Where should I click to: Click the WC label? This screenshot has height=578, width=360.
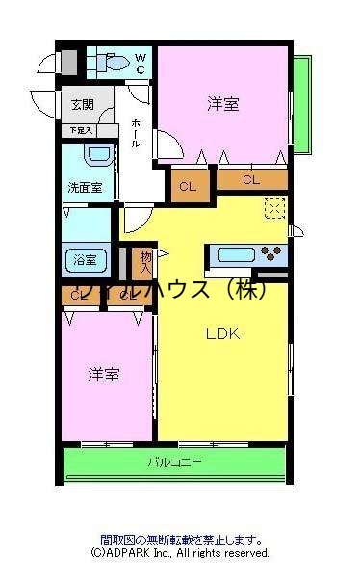click(140, 65)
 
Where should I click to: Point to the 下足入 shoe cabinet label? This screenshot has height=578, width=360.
click(80, 129)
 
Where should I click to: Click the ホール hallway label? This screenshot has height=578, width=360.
click(136, 134)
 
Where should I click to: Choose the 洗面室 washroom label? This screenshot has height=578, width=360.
click(85, 187)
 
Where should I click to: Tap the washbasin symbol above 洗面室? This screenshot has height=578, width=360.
click(95, 156)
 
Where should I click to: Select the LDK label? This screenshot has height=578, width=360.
click(222, 334)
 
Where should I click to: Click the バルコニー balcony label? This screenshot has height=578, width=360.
click(174, 463)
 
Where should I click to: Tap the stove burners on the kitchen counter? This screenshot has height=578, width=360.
click(272, 255)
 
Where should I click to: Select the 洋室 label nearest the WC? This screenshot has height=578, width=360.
click(223, 105)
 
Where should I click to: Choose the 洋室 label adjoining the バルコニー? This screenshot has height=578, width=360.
click(105, 374)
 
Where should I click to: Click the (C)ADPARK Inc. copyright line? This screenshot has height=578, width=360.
click(180, 554)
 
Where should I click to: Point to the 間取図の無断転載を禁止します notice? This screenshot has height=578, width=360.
click(180, 541)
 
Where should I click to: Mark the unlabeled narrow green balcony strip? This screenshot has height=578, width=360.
click(302, 102)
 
